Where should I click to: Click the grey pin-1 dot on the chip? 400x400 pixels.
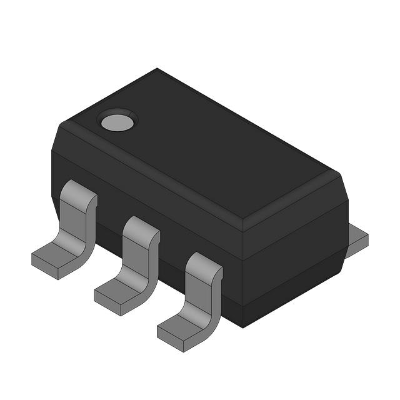click(x=117, y=121)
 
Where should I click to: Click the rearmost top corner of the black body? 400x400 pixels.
click(x=156, y=69)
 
